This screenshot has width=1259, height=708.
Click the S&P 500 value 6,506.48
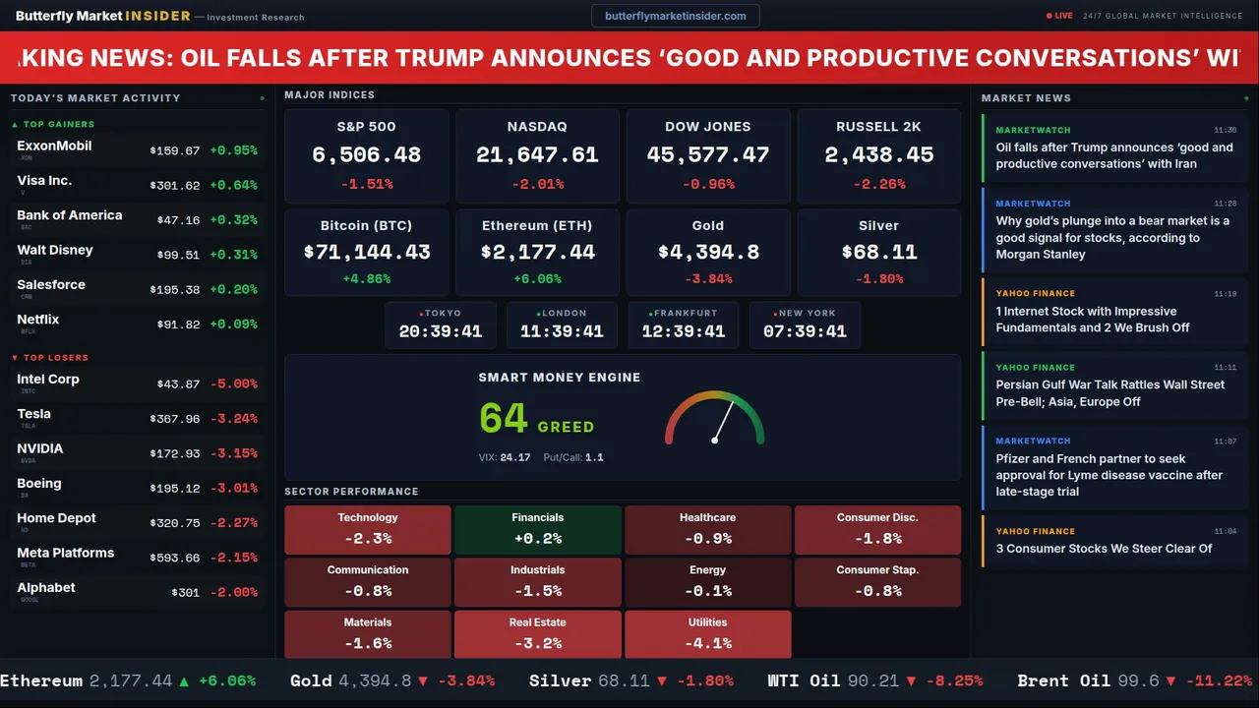click(366, 155)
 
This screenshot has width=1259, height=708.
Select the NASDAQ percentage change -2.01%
click(537, 184)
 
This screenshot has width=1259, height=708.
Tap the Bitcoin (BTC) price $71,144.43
click(366, 253)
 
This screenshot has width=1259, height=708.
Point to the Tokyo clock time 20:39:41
click(440, 332)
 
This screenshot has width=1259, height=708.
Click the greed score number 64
click(504, 418)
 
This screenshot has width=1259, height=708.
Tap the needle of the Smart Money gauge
click(724, 421)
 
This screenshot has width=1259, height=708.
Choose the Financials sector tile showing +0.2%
click(537, 530)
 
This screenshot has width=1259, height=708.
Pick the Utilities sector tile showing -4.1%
click(707, 634)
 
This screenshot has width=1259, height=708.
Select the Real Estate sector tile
click(537, 634)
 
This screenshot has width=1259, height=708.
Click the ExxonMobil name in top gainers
click(54, 146)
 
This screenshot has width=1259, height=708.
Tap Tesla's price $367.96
click(174, 419)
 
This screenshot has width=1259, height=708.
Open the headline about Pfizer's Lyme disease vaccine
click(1109, 475)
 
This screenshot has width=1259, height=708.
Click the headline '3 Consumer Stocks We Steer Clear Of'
click(1104, 549)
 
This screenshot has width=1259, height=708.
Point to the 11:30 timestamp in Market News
click(1225, 130)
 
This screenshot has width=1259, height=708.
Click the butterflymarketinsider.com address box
click(675, 16)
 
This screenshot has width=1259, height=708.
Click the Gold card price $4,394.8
click(708, 253)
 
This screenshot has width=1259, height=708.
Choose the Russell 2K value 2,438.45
click(878, 155)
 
